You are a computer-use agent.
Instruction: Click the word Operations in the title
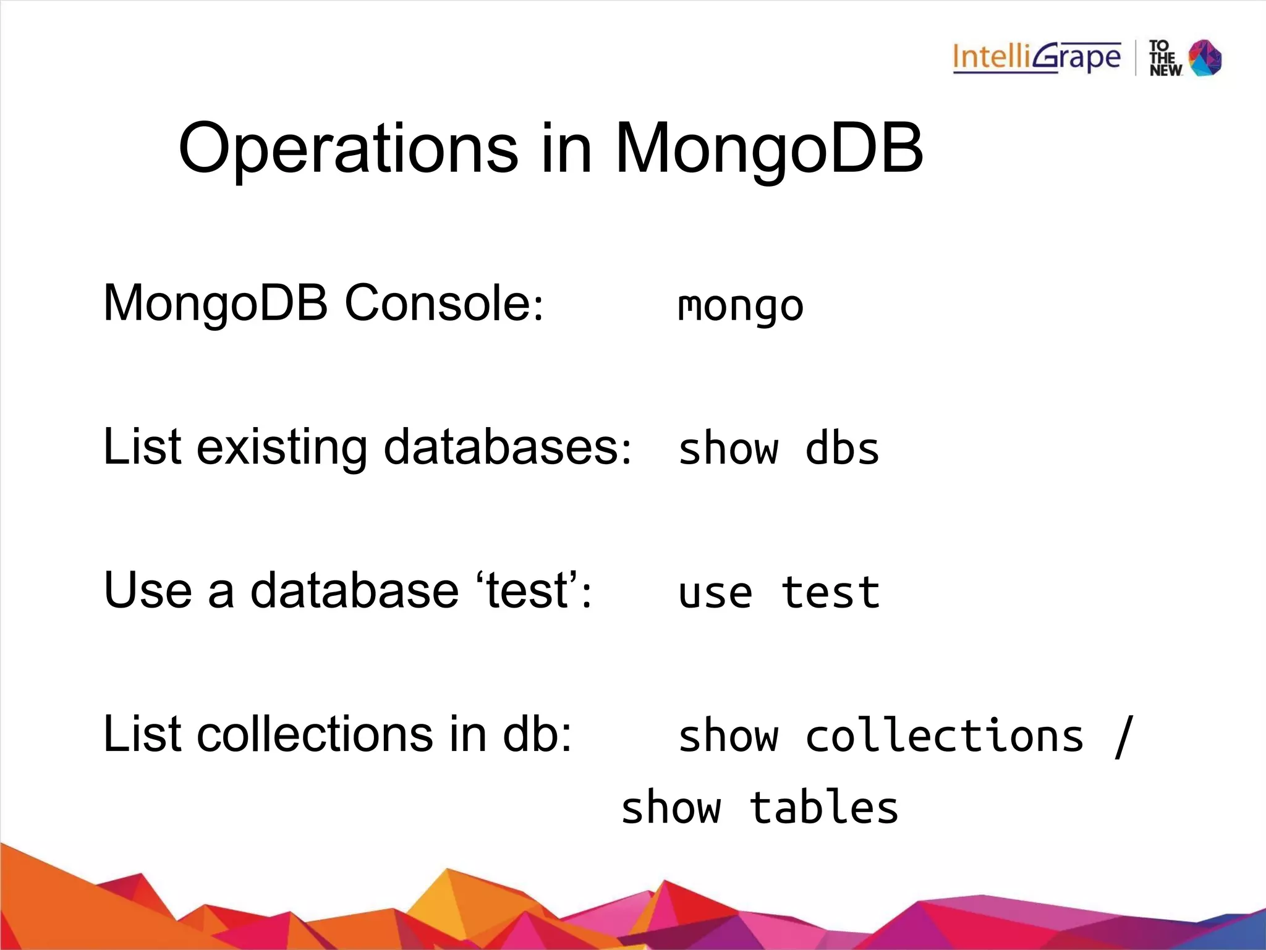[348, 148]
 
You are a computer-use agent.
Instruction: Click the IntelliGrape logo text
[1036, 57]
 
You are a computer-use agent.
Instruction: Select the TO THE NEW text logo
[1164, 59]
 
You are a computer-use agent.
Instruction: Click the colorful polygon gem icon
[1205, 58]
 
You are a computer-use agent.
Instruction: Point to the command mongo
[740, 305]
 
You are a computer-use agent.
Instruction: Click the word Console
[443, 303]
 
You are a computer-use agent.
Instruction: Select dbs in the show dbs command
[841, 449]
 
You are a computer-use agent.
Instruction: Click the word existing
[281, 447]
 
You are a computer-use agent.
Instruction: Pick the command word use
[715, 593]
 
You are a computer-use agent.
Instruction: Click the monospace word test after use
[830, 593]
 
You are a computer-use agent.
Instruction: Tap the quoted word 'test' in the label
[527, 590]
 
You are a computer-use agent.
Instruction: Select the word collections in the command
[944, 736]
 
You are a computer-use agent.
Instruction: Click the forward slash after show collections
[1123, 736]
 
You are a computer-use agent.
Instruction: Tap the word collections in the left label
[315, 734]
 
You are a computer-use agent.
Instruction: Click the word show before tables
[671, 808]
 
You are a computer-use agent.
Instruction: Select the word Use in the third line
[148, 590]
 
